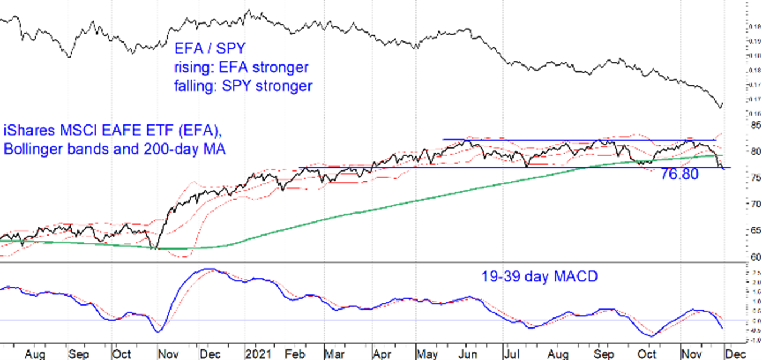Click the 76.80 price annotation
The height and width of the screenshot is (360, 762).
[x=680, y=175]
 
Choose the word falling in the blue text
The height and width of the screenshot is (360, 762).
[x=195, y=86]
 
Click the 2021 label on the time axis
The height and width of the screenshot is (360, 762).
[x=257, y=354]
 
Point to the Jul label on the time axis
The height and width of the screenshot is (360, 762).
[x=511, y=354]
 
